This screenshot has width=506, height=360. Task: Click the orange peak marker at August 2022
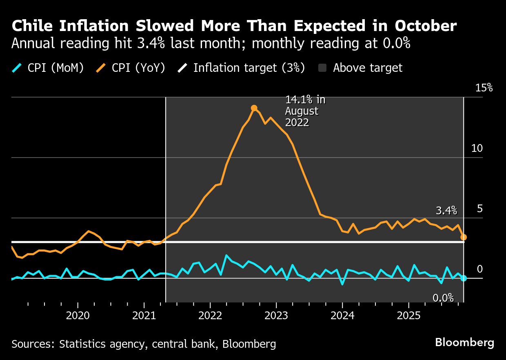(254, 108)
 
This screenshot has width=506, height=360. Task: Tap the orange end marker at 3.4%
(464, 237)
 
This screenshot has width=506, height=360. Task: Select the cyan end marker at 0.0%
(464, 278)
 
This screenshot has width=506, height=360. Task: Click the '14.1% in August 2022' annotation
(305, 111)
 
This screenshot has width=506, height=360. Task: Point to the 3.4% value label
(446, 211)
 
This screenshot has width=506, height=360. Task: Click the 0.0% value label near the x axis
(443, 298)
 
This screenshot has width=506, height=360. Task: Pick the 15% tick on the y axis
(484, 88)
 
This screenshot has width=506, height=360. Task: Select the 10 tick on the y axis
(477, 148)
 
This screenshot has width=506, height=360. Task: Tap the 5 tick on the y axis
(480, 209)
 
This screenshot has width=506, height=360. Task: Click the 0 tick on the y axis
(480, 269)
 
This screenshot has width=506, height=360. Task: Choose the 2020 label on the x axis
(78, 316)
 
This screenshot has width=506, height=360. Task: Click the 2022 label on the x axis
(210, 316)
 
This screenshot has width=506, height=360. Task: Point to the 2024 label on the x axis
(342, 316)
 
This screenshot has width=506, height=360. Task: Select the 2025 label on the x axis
(408, 316)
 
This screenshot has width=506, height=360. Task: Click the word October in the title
(426, 26)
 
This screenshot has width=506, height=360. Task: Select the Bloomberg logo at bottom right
(464, 342)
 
